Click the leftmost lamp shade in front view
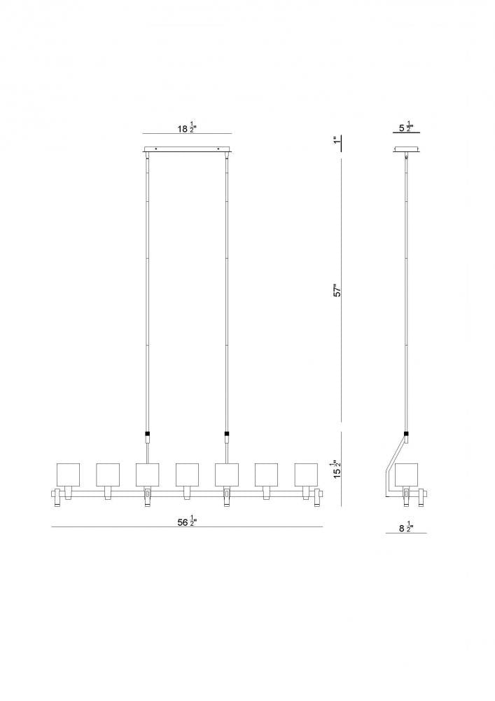pyautogui.click(x=68, y=475)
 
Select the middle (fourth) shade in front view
pyautogui.click(x=187, y=475)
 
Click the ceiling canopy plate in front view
pyautogui.click(x=187, y=149)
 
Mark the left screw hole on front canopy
pyautogui.click(x=156, y=149)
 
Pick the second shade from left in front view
pyautogui.click(x=108, y=475)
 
